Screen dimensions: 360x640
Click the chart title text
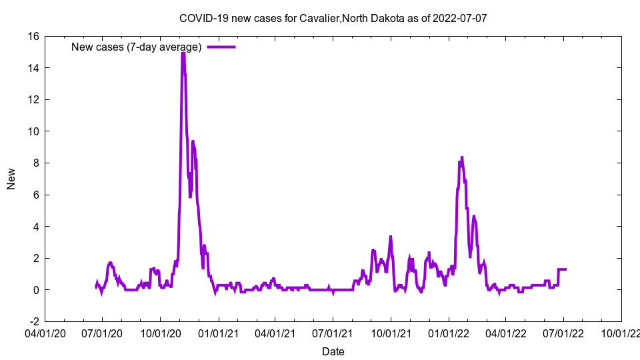coord(333,18)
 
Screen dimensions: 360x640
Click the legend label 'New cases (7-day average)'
coord(136,47)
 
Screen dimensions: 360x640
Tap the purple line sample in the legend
coord(221,47)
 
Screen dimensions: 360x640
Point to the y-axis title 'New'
coord(11,179)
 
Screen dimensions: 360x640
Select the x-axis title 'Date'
coord(333,351)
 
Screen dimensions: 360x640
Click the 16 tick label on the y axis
coord(33,37)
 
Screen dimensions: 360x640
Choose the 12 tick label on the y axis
coord(33,100)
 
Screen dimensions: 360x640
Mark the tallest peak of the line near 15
coord(183,53)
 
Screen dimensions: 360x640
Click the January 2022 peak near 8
coord(461,158)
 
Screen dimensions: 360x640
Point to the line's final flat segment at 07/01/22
coord(562,269)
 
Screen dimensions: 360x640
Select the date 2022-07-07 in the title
coord(460,18)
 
